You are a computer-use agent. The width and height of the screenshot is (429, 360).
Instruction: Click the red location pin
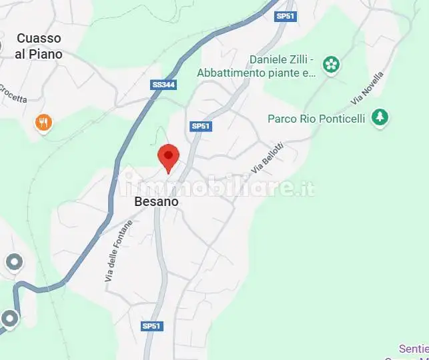[x=168, y=157]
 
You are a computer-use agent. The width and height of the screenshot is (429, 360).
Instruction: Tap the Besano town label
[x=156, y=201]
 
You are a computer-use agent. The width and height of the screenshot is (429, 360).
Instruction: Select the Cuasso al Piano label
[x=39, y=46]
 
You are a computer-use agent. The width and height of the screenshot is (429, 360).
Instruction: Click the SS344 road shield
[x=164, y=85]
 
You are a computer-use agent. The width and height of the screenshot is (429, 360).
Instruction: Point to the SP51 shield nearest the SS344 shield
[x=200, y=126]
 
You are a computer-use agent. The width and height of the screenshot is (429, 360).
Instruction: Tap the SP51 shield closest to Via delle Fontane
[x=151, y=326]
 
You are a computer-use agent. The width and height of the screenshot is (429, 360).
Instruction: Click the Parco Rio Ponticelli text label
[x=316, y=119]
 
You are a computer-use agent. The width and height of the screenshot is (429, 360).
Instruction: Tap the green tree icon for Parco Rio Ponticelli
[x=380, y=117]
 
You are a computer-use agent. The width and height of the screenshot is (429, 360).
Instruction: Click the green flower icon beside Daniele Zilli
[x=331, y=65]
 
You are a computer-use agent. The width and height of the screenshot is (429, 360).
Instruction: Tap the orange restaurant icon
[x=44, y=122]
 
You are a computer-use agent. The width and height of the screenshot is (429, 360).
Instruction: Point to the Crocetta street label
[x=13, y=93]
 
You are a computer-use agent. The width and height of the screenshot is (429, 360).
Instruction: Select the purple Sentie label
[x=414, y=349]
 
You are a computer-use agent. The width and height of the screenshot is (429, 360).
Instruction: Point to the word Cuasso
[x=39, y=39]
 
